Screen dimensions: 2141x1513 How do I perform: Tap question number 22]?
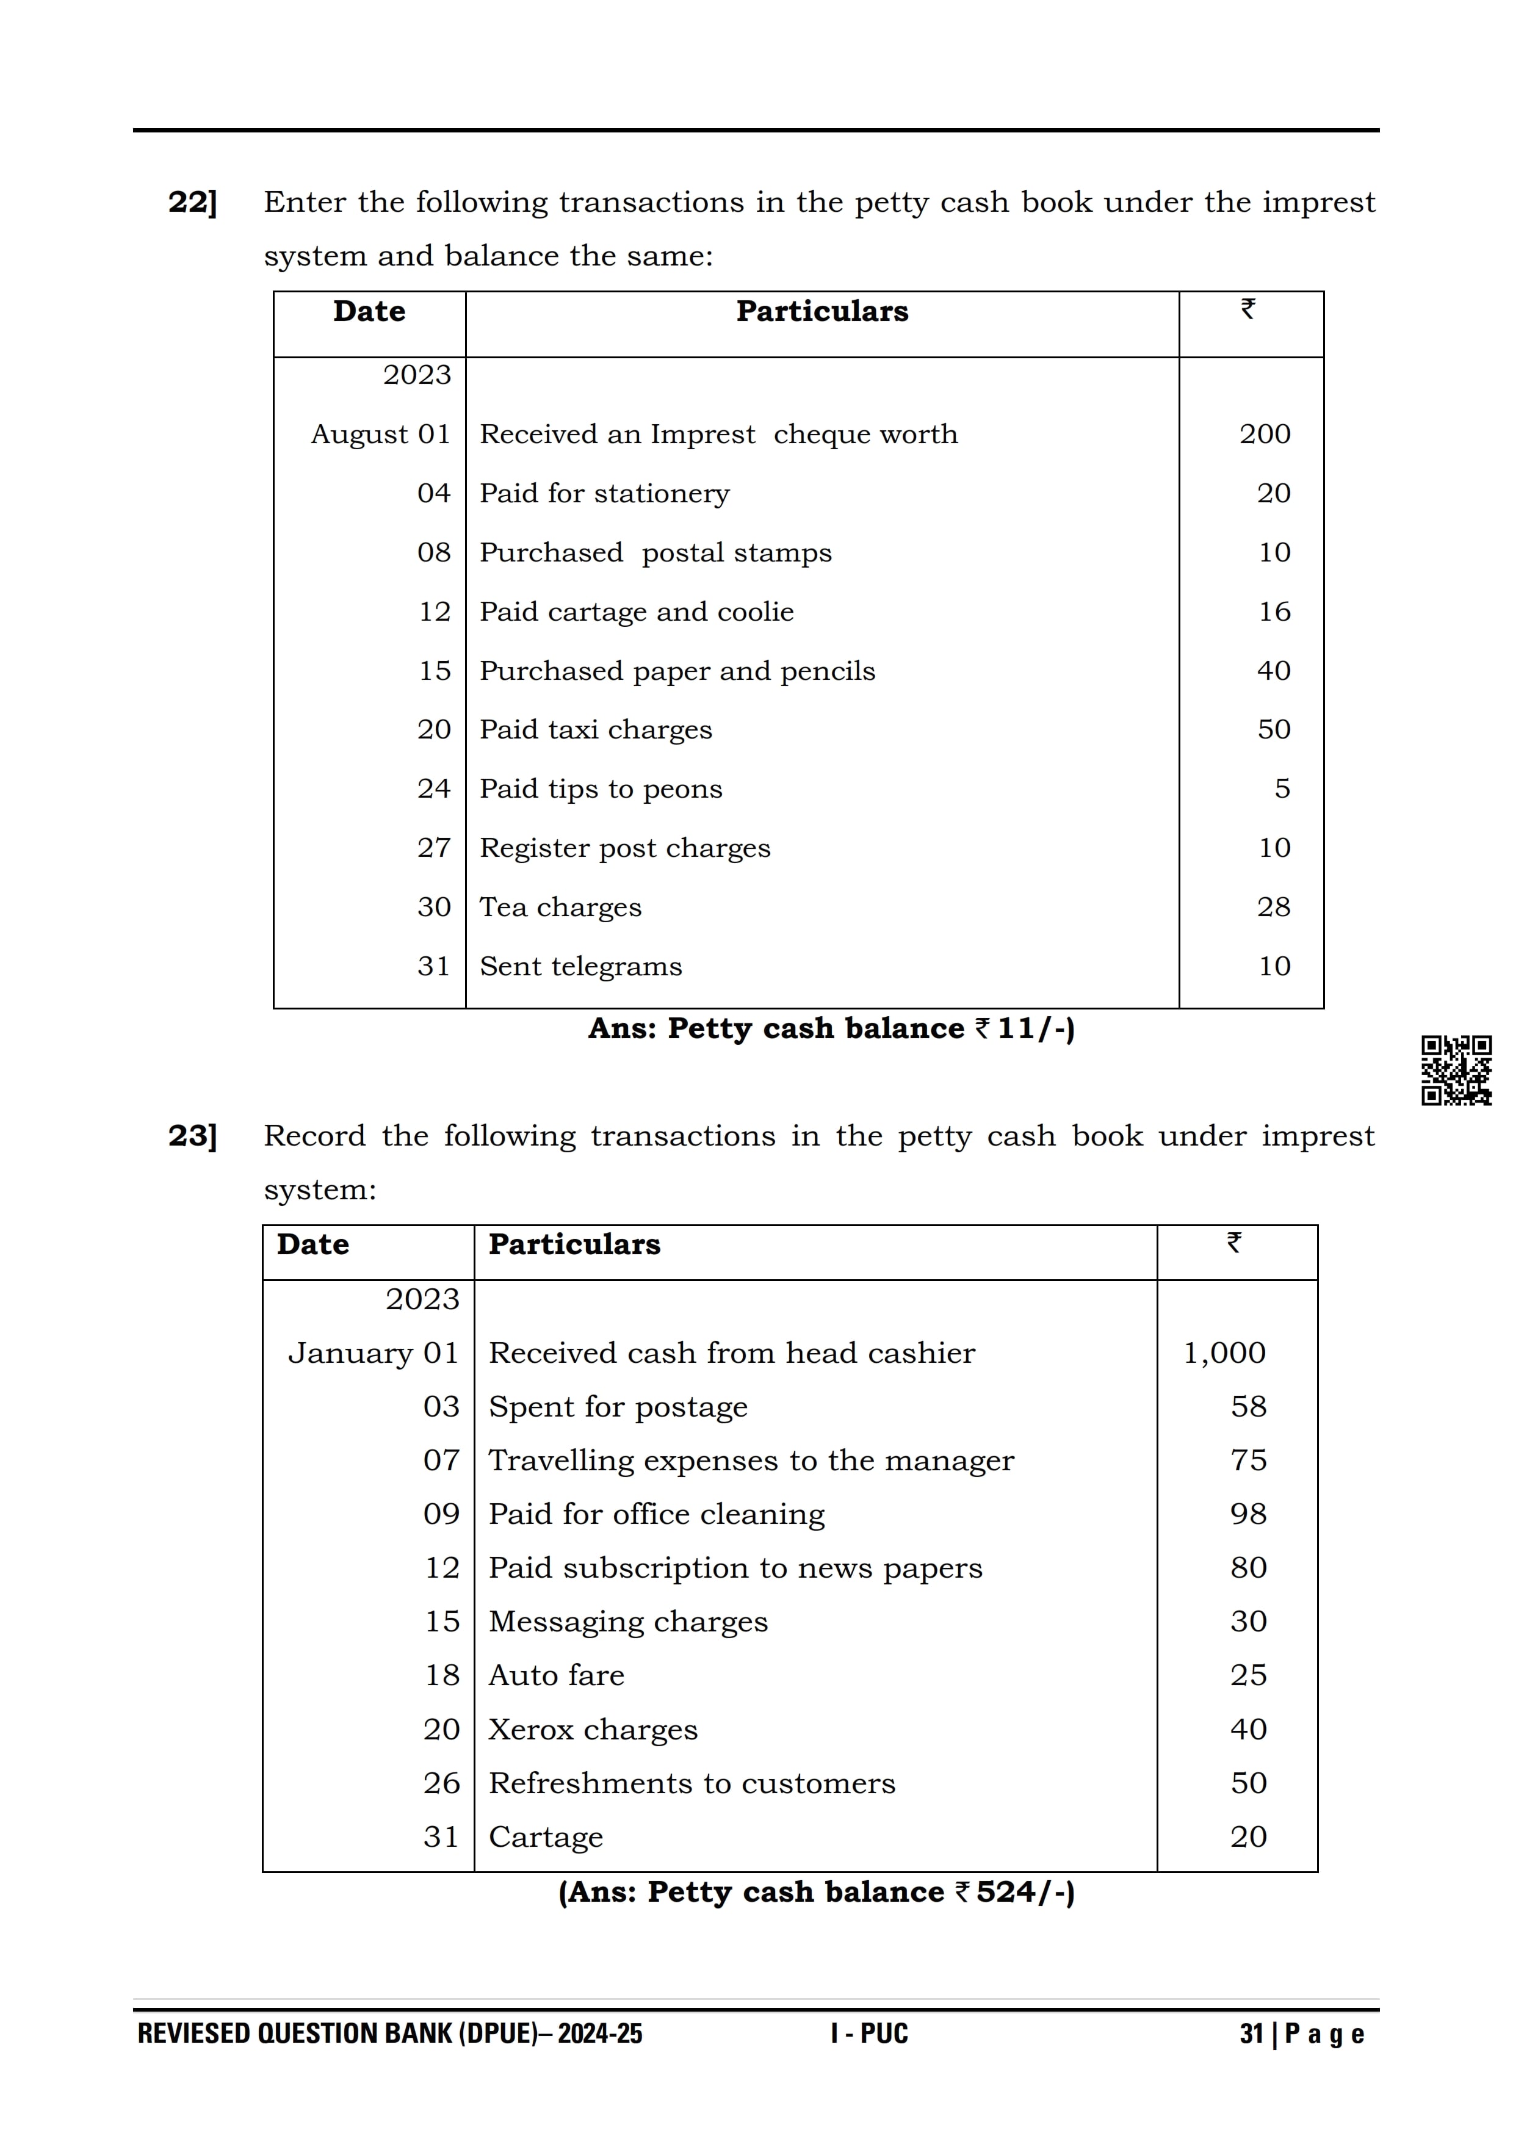pyautogui.click(x=192, y=203)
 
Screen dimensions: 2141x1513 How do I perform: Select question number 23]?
pyautogui.click(x=192, y=1136)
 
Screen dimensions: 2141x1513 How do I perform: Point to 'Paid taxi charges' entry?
pyautogui.click(x=596, y=729)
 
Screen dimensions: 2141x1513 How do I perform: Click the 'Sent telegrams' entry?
pyautogui.click(x=581, y=966)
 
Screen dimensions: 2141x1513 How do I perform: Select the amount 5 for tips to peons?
pyautogui.click(x=1282, y=789)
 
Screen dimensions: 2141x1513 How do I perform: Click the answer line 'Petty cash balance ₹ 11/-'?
pyautogui.click(x=831, y=1028)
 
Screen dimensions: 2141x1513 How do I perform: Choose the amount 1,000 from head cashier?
pyautogui.click(x=1224, y=1353)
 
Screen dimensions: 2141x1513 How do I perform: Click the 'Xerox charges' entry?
pyautogui.click(x=593, y=1730)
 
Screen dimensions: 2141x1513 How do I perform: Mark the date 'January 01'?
pyautogui.click(x=373, y=1353)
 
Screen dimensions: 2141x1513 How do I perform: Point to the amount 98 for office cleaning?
pyautogui.click(x=1248, y=1514)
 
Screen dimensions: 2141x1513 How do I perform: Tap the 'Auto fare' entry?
pyautogui.click(x=557, y=1676)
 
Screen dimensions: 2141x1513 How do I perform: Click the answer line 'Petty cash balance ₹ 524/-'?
pyautogui.click(x=817, y=1892)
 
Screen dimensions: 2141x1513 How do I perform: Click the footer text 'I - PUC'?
pyautogui.click(x=869, y=2034)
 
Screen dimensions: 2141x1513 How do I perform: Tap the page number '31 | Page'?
pyautogui.click(x=1301, y=2034)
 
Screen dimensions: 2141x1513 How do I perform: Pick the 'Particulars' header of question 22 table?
pyautogui.click(x=821, y=311)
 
